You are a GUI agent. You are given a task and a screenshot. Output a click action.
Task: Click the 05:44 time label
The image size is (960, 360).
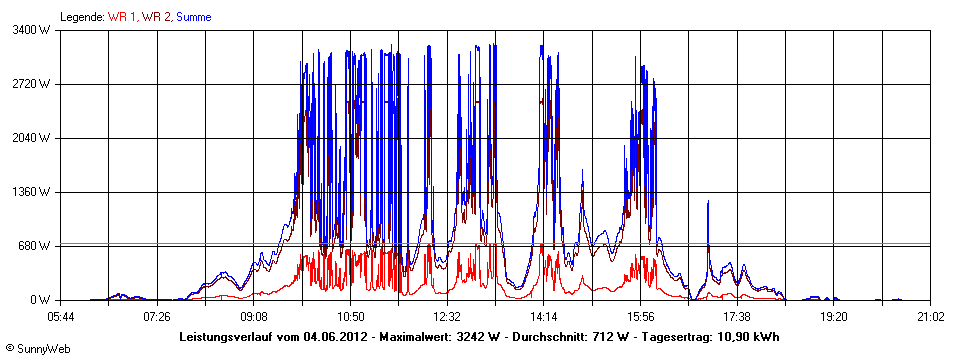tap(61, 316)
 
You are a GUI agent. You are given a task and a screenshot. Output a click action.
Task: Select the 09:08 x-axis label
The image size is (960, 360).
tap(254, 316)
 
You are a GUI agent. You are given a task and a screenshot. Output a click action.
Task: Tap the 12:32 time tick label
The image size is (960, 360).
tap(447, 316)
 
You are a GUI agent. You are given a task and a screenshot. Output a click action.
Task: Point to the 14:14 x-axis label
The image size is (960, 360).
tap(543, 316)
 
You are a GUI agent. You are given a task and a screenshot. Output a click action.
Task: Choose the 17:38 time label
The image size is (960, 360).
tap(737, 316)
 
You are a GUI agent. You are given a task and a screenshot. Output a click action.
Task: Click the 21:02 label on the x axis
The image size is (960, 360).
tap(930, 316)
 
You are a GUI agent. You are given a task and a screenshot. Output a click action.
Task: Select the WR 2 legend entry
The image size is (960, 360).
tap(160, 17)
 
